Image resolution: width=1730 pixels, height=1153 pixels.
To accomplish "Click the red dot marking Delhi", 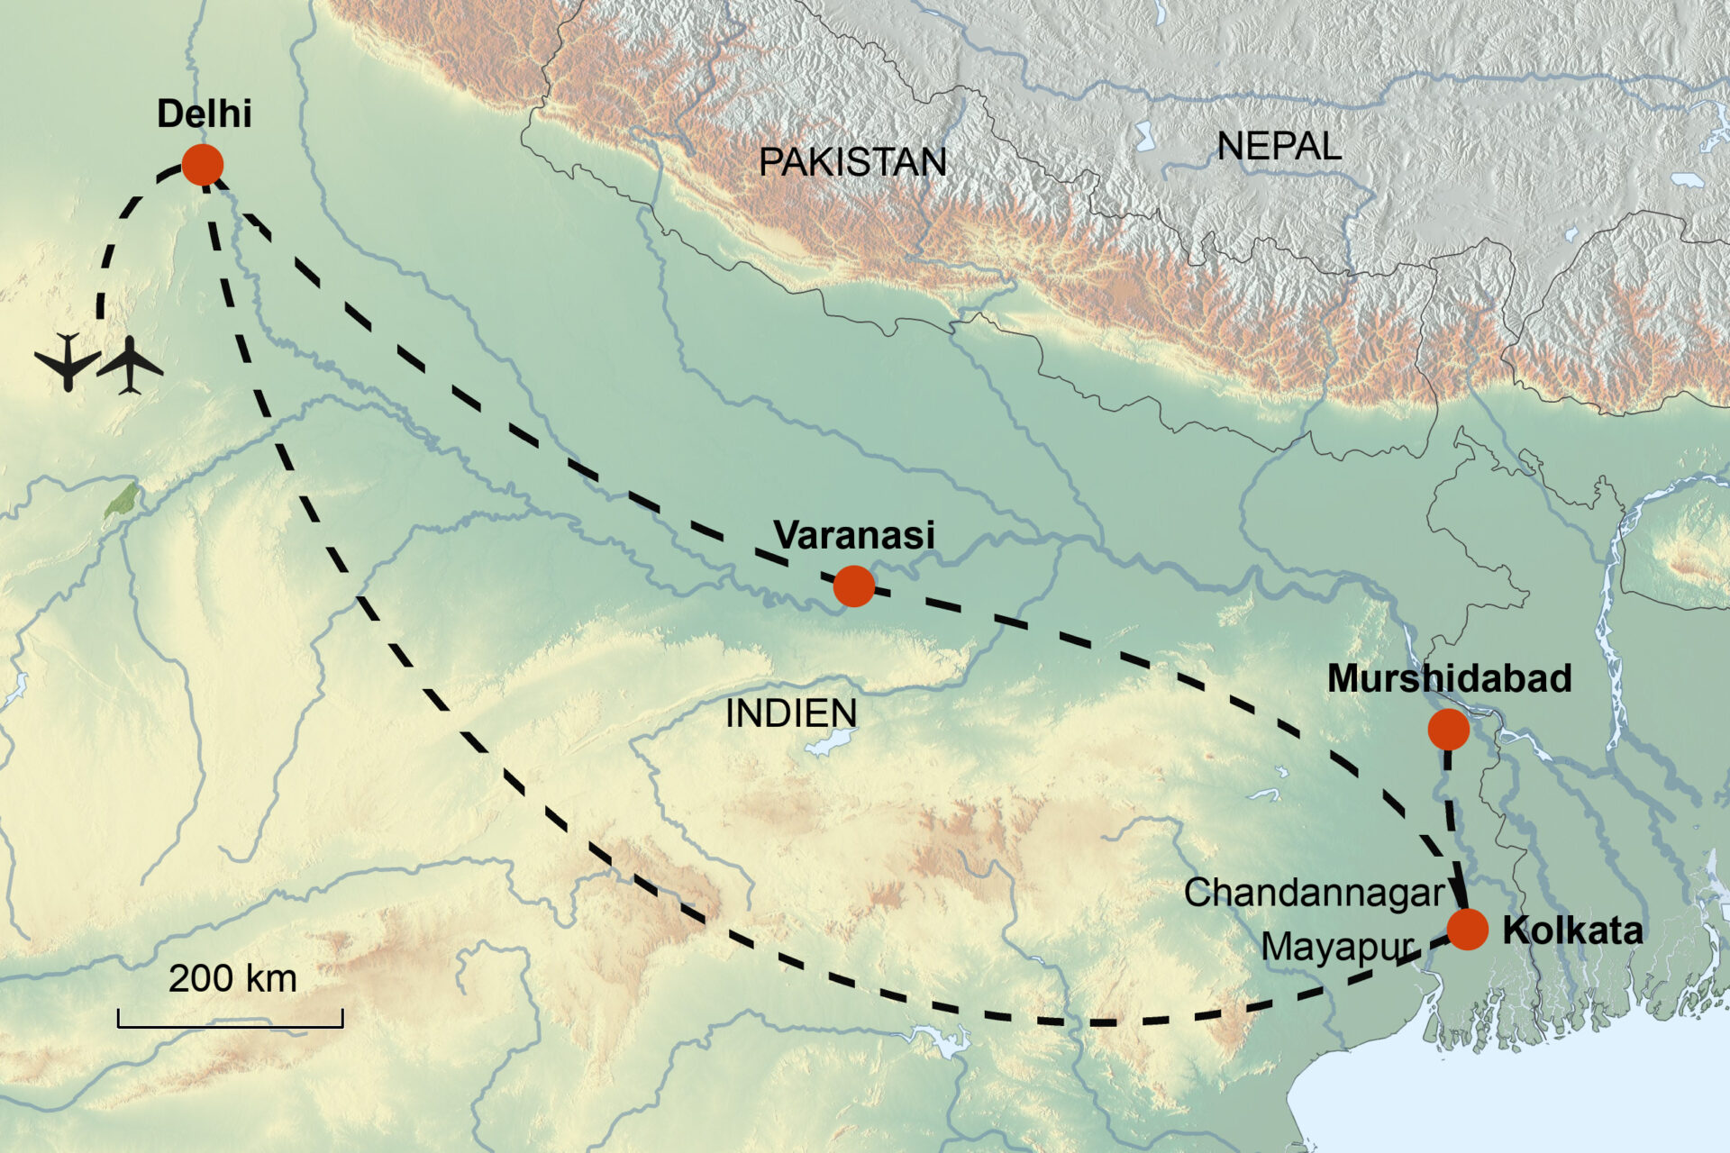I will tap(202, 165).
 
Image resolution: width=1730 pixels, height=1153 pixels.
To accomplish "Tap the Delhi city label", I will tap(204, 114).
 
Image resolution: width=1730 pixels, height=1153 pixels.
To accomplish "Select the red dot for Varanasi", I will tap(853, 586).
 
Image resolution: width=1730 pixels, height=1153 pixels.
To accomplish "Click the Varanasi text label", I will tap(854, 535).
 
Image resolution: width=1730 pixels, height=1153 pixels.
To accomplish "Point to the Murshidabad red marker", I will tap(1448, 729).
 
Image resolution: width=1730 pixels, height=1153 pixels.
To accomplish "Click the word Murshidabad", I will tap(1449, 678).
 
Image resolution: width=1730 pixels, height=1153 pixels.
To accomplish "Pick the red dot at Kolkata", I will tap(1467, 929).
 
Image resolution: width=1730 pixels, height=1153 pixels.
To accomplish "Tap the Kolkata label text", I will tap(1572, 931).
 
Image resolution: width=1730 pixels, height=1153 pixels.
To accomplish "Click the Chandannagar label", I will tap(1314, 893).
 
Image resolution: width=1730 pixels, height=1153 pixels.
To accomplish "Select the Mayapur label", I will tap(1337, 947).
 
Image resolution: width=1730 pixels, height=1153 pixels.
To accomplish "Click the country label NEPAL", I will tap(1279, 146).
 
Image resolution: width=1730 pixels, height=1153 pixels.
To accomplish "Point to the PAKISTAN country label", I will tap(852, 162).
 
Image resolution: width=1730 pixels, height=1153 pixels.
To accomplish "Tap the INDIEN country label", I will tap(791, 713).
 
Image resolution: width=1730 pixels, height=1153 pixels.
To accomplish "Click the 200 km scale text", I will tap(232, 978).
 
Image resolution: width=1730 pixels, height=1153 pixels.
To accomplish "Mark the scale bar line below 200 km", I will tap(230, 1025).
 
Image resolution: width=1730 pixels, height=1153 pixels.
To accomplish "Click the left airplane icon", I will tap(67, 362).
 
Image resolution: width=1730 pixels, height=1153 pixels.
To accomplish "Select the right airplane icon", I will tap(131, 365).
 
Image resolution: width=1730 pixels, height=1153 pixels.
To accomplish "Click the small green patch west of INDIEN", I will tap(123, 500).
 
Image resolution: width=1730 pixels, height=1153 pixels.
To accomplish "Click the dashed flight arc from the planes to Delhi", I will tap(117, 224).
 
